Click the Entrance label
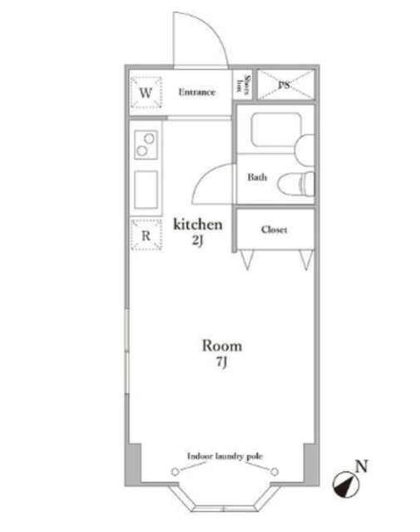coord(197,92)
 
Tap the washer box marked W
coord(146,92)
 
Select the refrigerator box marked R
coord(146,234)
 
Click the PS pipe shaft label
coord(284,85)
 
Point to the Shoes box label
coord(243,84)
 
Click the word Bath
coord(257,177)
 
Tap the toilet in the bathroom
coord(296,185)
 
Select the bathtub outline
coord(276,130)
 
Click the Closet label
coord(274,229)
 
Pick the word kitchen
coord(198,224)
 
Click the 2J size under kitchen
coord(198,240)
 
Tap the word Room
coord(222,346)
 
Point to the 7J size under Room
coord(222,362)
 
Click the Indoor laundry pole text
coord(225,456)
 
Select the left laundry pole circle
coord(175,471)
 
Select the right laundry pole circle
coord(274,471)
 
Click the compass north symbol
coord(346,485)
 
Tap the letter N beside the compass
coord(362,466)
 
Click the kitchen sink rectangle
coord(146,190)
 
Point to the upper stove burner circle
coord(149,139)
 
